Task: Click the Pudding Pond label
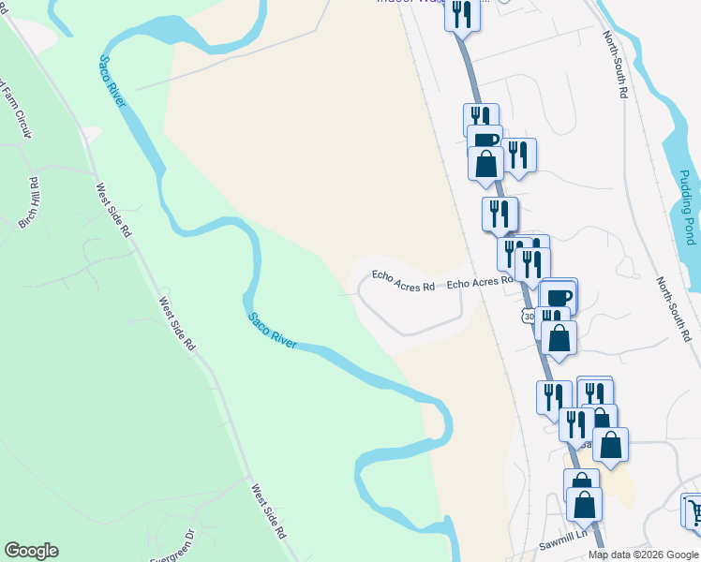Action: tap(687, 207)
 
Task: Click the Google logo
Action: tap(31, 551)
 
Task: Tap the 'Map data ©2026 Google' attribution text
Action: tap(643, 555)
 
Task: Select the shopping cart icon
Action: tap(694, 511)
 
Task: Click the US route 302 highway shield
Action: tap(529, 317)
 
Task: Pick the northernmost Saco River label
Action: tap(112, 81)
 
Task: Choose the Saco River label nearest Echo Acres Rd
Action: tap(273, 330)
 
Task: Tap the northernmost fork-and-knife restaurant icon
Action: tap(462, 14)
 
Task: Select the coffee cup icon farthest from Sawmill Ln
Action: tap(485, 140)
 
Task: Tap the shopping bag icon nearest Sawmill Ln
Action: tap(584, 504)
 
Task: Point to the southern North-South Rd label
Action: tap(674, 309)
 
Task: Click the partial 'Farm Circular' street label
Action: tap(16, 109)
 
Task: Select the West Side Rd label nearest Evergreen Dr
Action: tap(267, 510)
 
